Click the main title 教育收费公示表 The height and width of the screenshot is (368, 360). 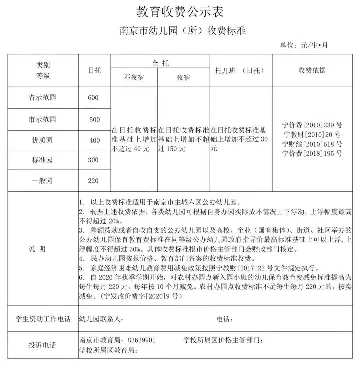tap(180, 12)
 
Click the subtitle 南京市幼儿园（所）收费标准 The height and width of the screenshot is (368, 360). tap(183, 31)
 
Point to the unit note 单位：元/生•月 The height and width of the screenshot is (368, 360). tap(304, 45)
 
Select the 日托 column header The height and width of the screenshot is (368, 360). tap(95, 70)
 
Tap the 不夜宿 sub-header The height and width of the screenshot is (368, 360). tap(134, 77)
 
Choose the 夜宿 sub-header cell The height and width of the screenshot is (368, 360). tap(183, 77)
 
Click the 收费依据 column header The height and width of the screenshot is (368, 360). tap(312, 70)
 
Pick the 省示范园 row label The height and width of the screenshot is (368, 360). tap(43, 98)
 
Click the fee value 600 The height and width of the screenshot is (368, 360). tap(93, 98)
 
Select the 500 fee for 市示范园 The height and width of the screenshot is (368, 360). tap(95, 120)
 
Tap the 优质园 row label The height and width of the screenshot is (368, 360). tap(43, 140)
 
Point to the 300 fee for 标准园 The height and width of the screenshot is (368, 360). tap(93, 160)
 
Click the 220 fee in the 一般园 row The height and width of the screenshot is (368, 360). tap(93, 181)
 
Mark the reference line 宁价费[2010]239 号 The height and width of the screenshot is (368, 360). tap(312, 125)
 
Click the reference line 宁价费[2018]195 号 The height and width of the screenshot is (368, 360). tap(312, 154)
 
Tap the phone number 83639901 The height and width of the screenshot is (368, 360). tap(141, 340)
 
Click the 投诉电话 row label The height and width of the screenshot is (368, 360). tap(42, 345)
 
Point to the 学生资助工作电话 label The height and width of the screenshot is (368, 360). tap(43, 319)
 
